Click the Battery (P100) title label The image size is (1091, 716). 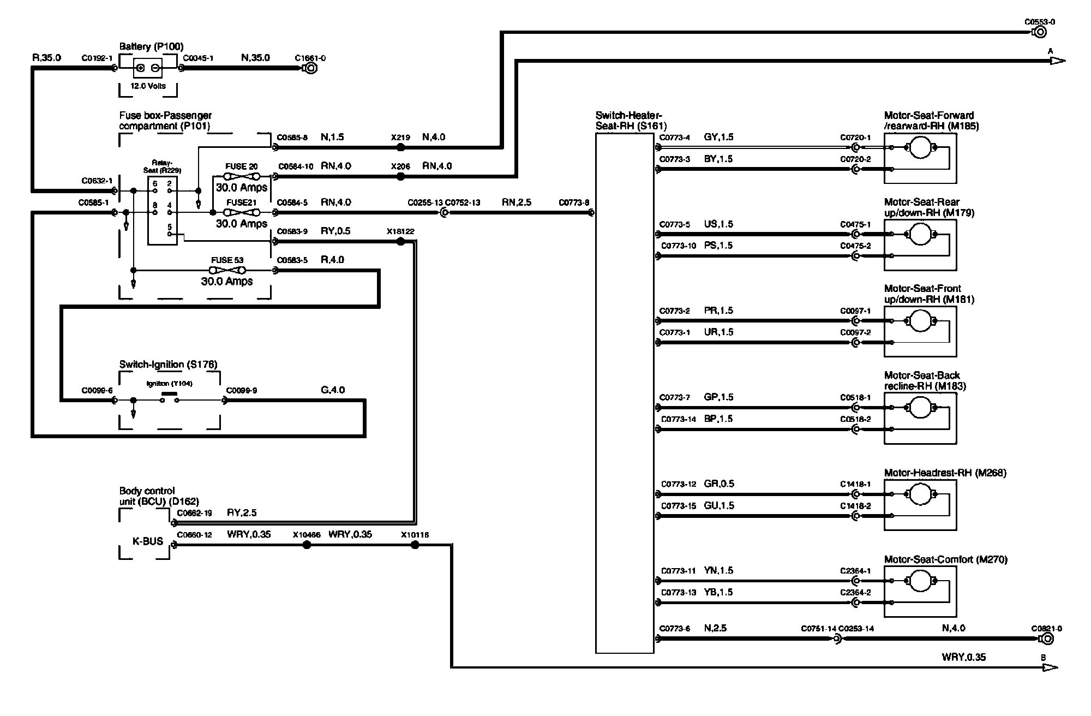click(151, 47)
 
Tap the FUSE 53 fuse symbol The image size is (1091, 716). click(227, 270)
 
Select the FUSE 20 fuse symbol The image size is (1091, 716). click(242, 176)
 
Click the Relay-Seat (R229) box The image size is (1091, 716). click(162, 210)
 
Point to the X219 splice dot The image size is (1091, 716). click(401, 147)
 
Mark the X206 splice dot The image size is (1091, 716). click(401, 176)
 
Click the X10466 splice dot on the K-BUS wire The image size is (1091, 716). click(307, 545)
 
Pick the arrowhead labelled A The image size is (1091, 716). click(1057, 61)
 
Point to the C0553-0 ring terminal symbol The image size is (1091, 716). click(1040, 32)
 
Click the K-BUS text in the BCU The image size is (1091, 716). click(148, 541)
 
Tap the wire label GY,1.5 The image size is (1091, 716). click(718, 137)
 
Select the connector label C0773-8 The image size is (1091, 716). click(573, 202)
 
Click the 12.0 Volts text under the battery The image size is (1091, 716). click(148, 86)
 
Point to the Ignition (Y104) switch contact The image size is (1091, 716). click(169, 399)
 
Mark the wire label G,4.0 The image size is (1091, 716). click(333, 390)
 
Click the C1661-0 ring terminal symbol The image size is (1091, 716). click(310, 68)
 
